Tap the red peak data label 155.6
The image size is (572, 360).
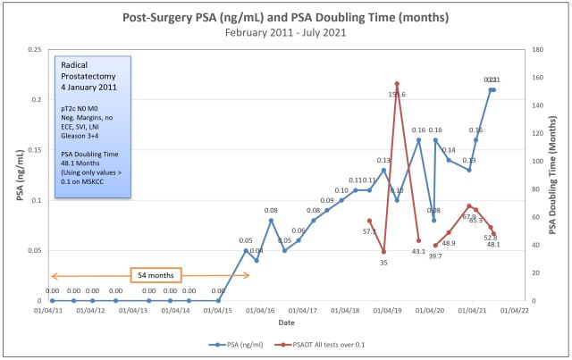(397, 94)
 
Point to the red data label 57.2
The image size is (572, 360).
(369, 231)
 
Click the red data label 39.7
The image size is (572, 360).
(435, 256)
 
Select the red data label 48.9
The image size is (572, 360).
(449, 243)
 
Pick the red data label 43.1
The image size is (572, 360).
(418, 252)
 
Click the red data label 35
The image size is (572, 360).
(383, 263)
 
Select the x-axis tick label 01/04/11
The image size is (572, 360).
(49, 311)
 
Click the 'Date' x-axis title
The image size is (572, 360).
(286, 322)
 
